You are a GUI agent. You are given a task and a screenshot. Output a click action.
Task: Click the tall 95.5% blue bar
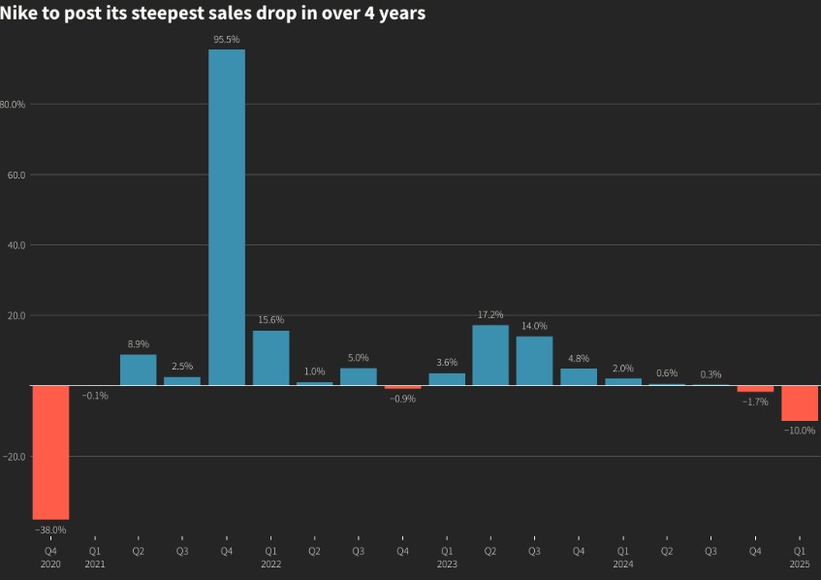(227, 217)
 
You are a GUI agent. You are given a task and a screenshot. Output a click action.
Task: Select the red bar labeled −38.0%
(50, 452)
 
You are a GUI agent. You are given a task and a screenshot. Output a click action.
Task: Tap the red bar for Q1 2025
(800, 403)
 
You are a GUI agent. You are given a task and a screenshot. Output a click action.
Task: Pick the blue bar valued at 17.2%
(490, 355)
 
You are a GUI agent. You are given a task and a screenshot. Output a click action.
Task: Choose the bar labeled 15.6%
(271, 358)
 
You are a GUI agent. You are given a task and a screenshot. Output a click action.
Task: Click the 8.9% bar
(139, 370)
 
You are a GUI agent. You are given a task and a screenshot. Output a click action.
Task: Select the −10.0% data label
(800, 430)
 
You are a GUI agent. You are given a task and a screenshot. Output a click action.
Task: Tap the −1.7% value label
(755, 401)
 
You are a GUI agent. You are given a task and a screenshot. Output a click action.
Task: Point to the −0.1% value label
(95, 396)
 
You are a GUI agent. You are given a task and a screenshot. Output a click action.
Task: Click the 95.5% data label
(227, 39)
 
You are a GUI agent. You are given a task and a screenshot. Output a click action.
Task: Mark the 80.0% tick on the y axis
(13, 105)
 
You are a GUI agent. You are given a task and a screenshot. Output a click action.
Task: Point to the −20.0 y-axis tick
(16, 456)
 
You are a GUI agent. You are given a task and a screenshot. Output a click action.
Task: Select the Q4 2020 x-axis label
(50, 557)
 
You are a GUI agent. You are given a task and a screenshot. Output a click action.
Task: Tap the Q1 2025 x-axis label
(800, 557)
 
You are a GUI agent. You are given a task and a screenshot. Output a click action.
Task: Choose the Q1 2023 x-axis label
(447, 557)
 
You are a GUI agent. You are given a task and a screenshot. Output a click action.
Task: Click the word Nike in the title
(18, 15)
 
